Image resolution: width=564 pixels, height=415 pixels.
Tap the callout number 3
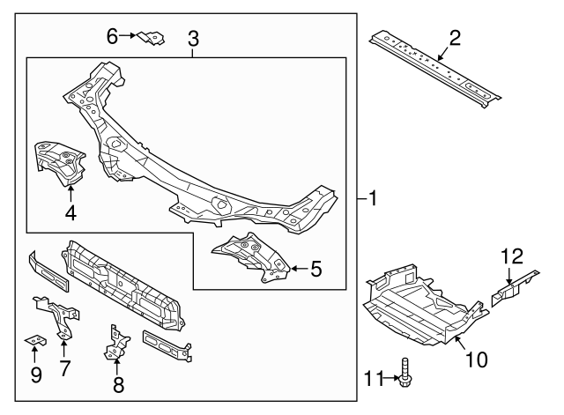193,39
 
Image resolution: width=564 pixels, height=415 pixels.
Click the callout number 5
315,269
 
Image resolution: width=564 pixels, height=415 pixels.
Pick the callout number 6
112,36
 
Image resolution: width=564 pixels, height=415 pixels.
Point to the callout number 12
512,256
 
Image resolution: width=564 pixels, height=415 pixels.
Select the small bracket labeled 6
152,39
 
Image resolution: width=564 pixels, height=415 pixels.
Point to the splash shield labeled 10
419,304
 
